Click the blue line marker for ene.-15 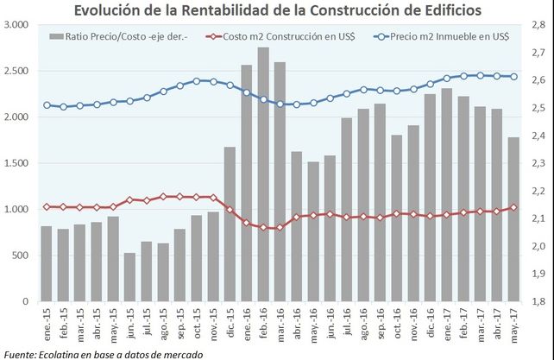click(47, 105)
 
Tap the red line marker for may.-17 click(513, 207)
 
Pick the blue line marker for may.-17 click(513, 77)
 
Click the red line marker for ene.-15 click(47, 206)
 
